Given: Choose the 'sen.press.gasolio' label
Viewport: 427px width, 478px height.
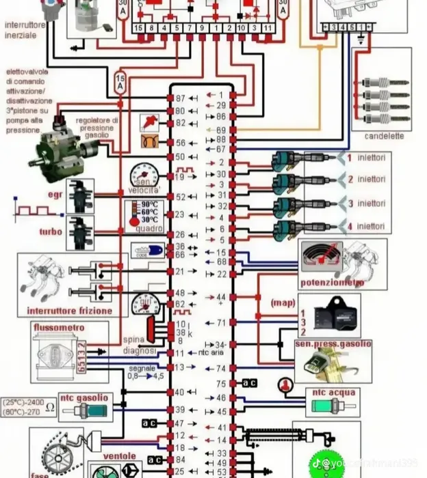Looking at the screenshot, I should [x=333, y=344].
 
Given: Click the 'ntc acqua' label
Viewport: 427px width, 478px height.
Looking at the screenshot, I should [x=332, y=393].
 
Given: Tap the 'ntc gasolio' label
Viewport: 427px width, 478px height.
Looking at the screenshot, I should [x=83, y=397].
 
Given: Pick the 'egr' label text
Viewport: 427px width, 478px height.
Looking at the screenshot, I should [x=55, y=195].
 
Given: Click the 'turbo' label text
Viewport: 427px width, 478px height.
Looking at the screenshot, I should [x=51, y=231].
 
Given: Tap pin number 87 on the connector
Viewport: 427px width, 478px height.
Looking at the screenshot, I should [x=180, y=98].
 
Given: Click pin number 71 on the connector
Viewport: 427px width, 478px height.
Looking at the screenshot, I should [x=221, y=322].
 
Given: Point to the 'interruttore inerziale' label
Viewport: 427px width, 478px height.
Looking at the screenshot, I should [x=24, y=31].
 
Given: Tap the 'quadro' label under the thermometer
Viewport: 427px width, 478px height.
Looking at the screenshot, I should [x=149, y=229].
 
